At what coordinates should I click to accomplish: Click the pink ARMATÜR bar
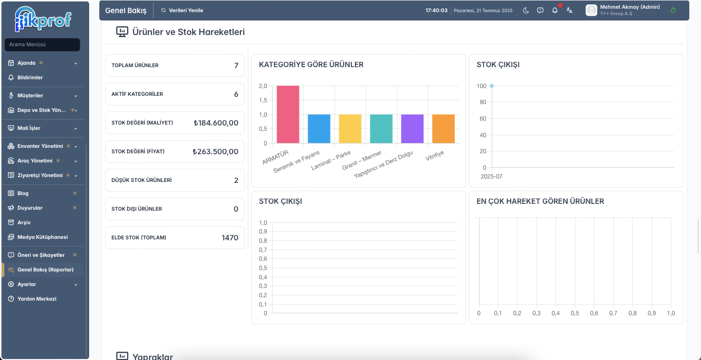(x=288, y=114)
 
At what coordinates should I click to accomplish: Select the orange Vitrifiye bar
(x=443, y=129)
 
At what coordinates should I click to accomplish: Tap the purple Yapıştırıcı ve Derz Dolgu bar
(x=412, y=129)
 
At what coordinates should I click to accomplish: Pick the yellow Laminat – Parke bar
(x=350, y=129)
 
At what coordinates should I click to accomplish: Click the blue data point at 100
(x=492, y=86)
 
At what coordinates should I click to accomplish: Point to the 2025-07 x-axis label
(x=491, y=177)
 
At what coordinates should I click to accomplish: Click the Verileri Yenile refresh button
(x=182, y=10)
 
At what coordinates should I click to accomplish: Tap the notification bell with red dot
(x=555, y=10)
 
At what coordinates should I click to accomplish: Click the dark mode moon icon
(x=526, y=10)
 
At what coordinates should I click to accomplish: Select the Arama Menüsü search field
(x=42, y=44)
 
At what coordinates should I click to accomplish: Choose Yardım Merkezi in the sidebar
(x=37, y=299)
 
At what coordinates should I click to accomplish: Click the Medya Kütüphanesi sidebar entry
(x=42, y=237)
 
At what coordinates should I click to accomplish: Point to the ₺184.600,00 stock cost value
(x=216, y=123)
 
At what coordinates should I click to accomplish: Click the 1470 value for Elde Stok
(x=230, y=238)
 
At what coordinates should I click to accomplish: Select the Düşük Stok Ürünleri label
(x=142, y=180)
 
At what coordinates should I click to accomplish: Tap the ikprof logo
(x=43, y=19)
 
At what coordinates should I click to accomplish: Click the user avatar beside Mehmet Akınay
(x=591, y=10)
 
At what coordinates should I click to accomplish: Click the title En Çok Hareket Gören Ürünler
(x=540, y=201)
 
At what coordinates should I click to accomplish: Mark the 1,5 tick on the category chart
(x=263, y=100)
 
